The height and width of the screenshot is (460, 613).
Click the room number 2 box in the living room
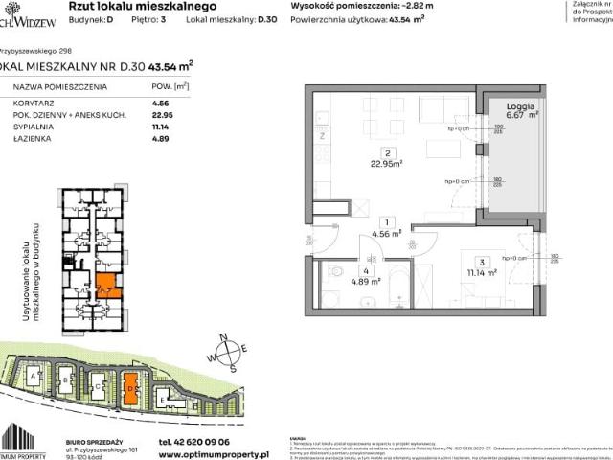384,152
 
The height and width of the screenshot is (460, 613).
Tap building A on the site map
35,379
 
